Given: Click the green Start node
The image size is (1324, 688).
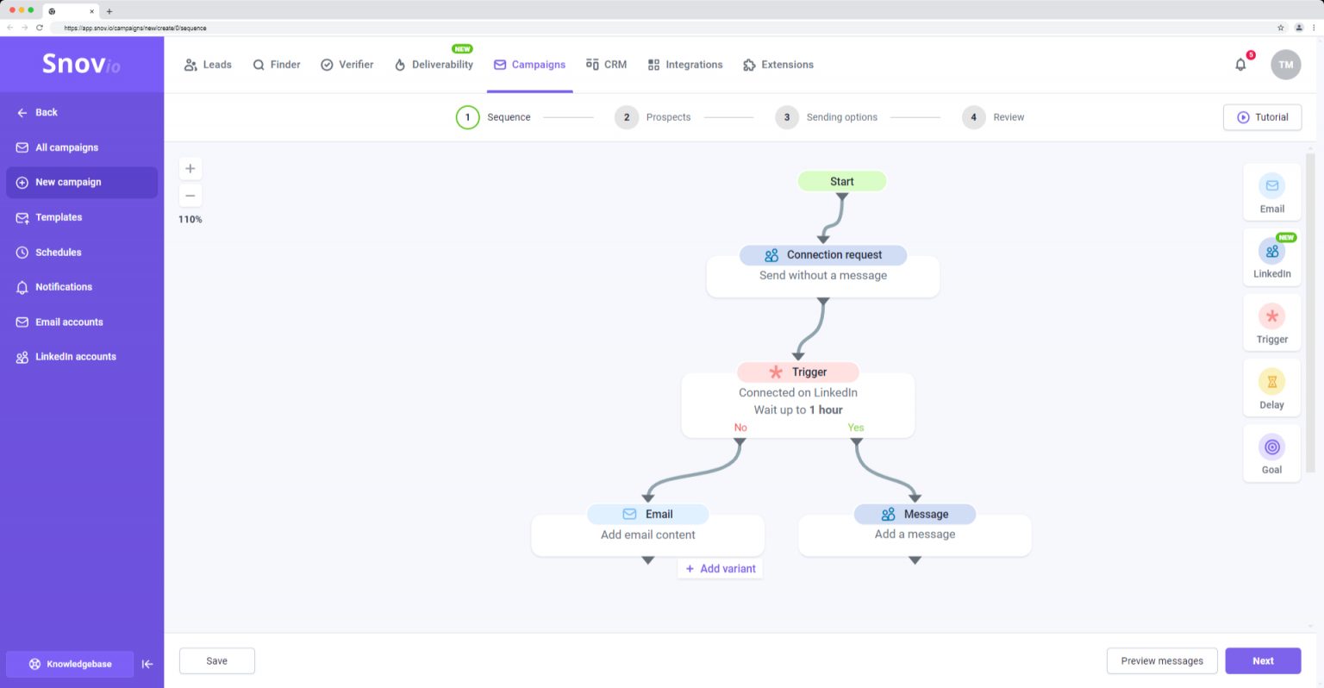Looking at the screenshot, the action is [x=841, y=181].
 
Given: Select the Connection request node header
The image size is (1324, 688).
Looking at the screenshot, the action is [x=823, y=254].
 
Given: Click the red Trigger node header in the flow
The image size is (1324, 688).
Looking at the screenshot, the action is [x=798, y=372].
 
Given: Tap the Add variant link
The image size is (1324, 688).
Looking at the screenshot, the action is [x=720, y=569].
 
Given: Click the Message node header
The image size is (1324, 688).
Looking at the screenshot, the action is [x=915, y=514].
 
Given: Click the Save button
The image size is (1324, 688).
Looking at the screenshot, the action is [x=217, y=660].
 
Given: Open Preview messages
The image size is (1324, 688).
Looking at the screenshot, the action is [x=1161, y=660].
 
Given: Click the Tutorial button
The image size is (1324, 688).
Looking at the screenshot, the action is [x=1262, y=117].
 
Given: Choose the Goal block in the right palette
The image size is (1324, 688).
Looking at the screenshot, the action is [x=1271, y=453].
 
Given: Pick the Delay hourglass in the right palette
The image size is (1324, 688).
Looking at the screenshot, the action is [x=1271, y=382].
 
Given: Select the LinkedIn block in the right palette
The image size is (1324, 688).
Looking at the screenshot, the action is [x=1271, y=258].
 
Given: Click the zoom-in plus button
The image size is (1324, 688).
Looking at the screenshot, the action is [x=190, y=168].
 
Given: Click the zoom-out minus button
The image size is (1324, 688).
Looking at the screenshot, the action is [x=190, y=196].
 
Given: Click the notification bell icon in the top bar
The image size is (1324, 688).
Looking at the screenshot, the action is [x=1240, y=65].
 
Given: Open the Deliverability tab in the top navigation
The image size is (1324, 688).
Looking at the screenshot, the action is [x=434, y=65].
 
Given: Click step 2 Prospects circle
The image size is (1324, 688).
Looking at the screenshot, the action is [x=627, y=117].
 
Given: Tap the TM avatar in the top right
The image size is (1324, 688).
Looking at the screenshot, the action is [x=1285, y=65].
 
